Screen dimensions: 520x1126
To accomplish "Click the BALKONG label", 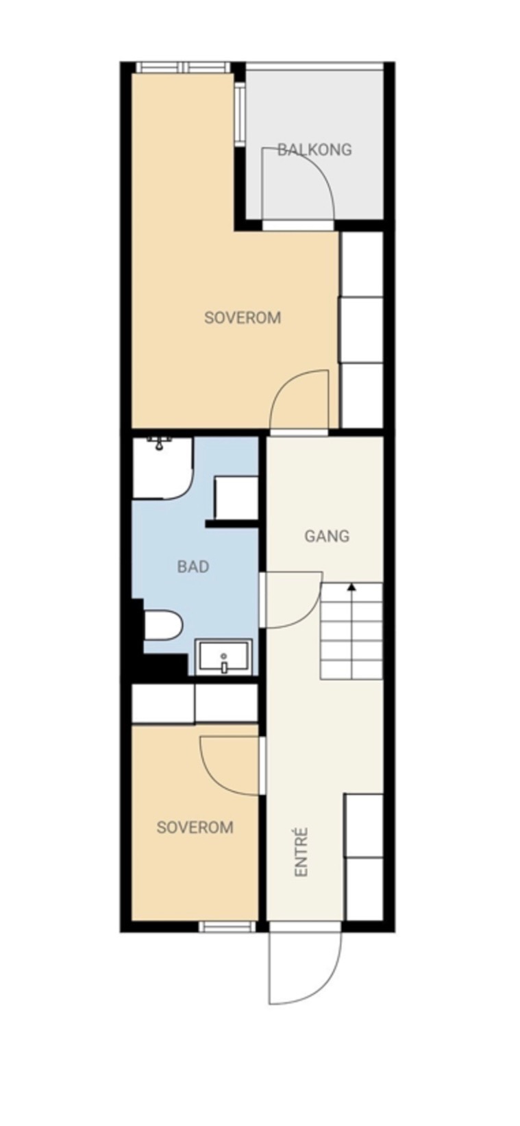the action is pos(314,149).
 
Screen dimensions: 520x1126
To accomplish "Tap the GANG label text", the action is pos(327,536).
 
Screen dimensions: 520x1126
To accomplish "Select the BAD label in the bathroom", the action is pos(193,567).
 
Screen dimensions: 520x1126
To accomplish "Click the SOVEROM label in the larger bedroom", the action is pos(243,318).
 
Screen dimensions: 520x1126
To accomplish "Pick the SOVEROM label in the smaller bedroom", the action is pos(195,827).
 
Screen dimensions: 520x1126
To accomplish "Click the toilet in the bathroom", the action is pos(163,625).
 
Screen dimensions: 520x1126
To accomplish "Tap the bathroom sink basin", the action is pos(223,657).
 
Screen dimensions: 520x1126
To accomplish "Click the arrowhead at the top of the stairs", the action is pos(351,586).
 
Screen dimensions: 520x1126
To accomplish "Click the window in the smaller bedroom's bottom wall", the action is pos(227,927).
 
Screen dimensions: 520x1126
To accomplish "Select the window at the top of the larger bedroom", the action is pos(183,67).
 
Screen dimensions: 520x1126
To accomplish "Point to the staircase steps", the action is pos(351,631).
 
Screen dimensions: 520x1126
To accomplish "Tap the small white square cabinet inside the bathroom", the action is pos(236,498).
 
